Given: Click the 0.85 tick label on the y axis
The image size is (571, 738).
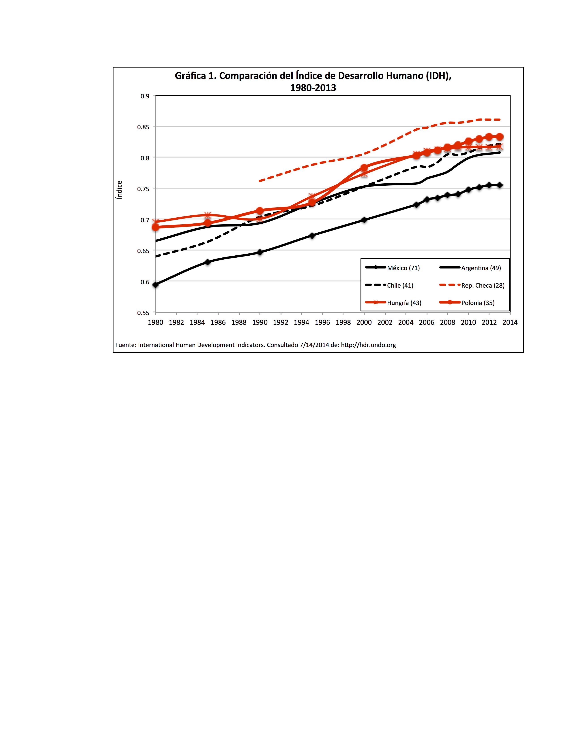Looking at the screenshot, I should click(x=143, y=127).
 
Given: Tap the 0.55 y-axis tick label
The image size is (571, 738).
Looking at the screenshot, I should click(x=143, y=313).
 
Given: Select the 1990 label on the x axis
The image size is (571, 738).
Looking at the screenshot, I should click(x=260, y=322).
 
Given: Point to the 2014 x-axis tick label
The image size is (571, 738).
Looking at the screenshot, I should click(x=510, y=322).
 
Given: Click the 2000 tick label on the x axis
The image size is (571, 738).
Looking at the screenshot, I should click(x=364, y=322).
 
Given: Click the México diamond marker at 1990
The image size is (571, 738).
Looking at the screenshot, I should click(x=260, y=252).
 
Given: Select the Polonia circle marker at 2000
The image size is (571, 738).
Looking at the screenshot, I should click(x=364, y=168).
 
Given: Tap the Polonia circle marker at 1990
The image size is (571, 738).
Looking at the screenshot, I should click(x=260, y=211).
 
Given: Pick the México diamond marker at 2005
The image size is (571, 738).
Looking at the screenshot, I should click(x=416, y=205).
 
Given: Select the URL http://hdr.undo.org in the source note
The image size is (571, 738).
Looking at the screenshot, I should click(x=368, y=345).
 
